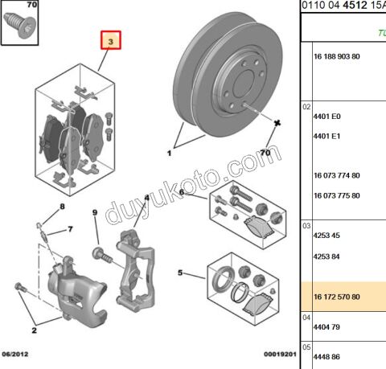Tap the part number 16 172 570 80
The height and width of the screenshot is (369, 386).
pos(337,297)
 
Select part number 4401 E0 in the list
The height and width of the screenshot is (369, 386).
pos(326,117)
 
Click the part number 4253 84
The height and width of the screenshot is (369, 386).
pos(326,256)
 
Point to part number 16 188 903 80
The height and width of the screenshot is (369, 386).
pos(337,56)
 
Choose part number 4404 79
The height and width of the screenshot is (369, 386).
pos(326,327)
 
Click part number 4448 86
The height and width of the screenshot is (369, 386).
pos(326,357)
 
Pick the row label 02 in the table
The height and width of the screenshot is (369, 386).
pos(306,107)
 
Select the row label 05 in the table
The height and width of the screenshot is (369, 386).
pos(306,347)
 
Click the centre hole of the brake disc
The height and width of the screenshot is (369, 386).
pos(244,84)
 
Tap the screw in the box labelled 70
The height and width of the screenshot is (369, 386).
pos(18,25)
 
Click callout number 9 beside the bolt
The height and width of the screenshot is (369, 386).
pos(95,212)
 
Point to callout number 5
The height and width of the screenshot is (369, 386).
pos(180,273)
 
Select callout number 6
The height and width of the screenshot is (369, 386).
pos(182,192)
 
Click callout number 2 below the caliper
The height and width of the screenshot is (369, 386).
pos(34,330)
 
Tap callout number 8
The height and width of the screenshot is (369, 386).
pos(62,207)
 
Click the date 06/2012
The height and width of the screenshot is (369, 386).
pos(15,354)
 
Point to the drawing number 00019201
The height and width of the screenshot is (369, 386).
pos(280,354)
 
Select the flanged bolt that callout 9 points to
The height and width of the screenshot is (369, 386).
pos(102,256)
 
